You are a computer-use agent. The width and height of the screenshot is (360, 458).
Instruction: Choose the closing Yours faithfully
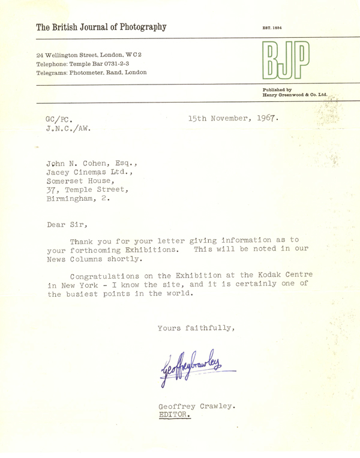click(x=196, y=328)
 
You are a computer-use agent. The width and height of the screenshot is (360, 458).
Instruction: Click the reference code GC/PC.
click(x=60, y=119)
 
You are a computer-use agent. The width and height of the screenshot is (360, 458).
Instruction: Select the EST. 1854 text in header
click(x=272, y=28)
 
